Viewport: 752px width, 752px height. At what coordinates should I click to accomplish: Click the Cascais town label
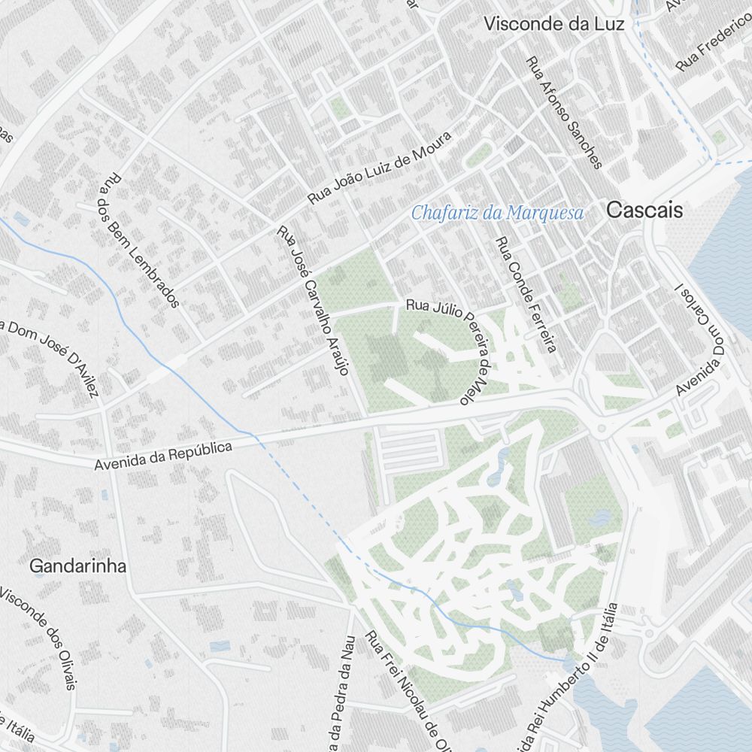pos(644,211)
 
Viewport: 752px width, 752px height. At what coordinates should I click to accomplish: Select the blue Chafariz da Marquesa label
pos(497,214)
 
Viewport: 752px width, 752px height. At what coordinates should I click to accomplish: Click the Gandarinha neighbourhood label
pos(77,566)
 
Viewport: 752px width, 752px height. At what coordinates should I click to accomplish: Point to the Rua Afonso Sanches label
pos(564,113)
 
